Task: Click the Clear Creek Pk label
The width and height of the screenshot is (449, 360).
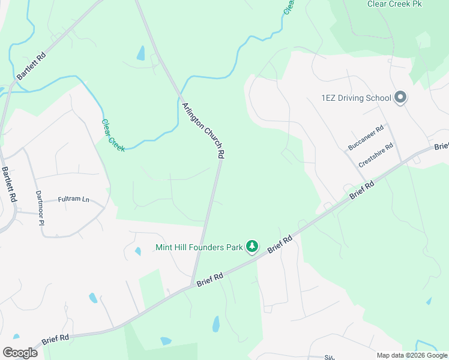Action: [x=394, y=4]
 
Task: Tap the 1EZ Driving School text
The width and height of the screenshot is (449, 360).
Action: [x=357, y=98]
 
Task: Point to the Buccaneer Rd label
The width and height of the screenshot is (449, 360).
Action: [x=366, y=138]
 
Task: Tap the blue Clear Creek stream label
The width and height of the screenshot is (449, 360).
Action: [x=113, y=135]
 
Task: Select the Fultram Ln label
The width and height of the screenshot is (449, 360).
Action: [x=73, y=199]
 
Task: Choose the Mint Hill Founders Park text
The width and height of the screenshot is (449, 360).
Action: [x=199, y=247]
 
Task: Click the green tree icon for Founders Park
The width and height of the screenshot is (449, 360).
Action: [x=253, y=247]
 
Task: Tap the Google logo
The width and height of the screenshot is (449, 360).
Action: [x=20, y=352]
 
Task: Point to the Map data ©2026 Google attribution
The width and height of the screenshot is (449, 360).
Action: [x=411, y=355]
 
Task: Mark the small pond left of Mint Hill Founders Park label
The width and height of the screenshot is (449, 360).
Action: [x=138, y=251]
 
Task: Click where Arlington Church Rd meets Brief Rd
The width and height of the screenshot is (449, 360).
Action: [x=192, y=285]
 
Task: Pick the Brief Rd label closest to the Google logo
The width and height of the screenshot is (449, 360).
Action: [x=56, y=340]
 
